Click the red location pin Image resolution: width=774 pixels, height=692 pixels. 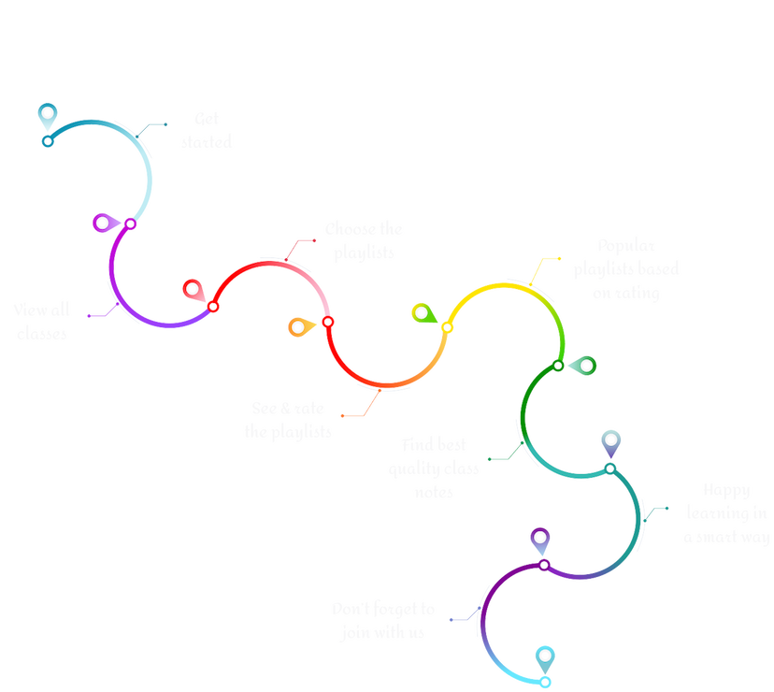[193, 289]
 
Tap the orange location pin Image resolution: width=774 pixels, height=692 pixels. [298, 326]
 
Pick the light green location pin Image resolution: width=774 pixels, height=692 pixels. [422, 312]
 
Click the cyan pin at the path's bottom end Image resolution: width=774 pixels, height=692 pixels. [544, 656]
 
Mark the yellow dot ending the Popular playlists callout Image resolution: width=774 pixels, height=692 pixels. [559, 258]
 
